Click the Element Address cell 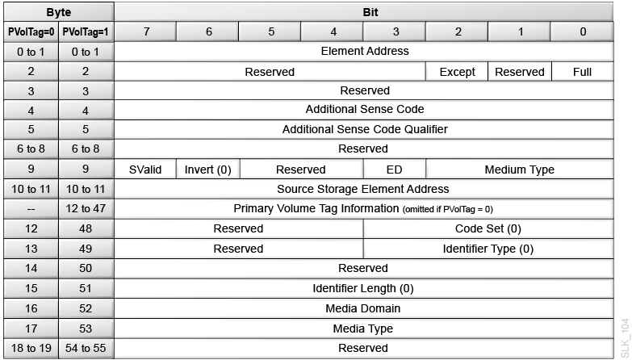point(365,51)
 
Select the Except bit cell point(457,71)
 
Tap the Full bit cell point(582,71)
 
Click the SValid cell point(145,170)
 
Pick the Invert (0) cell point(207,170)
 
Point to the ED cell point(395,170)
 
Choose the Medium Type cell point(519,170)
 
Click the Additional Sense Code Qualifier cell point(365,129)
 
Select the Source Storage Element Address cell point(365,189)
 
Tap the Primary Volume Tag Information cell point(365,208)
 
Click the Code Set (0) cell point(488,228)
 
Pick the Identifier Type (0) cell point(488,248)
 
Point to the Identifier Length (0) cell point(365,287)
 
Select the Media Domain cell point(365,308)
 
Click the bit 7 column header point(145,31)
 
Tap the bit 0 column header point(582,31)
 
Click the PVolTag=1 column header point(85,31)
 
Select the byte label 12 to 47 point(85,208)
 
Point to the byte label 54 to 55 point(85,347)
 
